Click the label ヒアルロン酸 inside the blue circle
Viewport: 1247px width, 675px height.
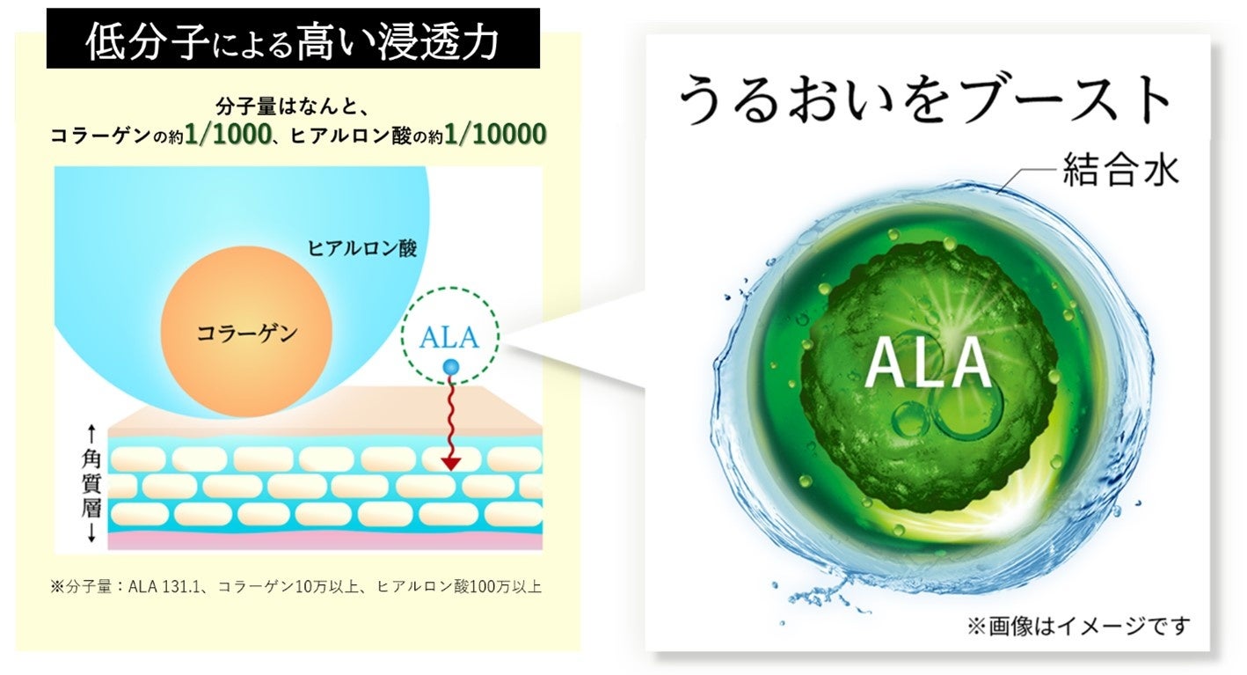[x=361, y=249]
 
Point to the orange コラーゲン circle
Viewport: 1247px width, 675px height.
[x=247, y=333]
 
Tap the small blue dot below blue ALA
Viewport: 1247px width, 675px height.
[x=451, y=367]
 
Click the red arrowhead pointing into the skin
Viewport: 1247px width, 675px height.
[x=451, y=461]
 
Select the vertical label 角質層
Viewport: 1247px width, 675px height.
[x=91, y=483]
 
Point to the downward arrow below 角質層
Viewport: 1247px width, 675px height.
[x=91, y=533]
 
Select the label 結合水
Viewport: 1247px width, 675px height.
[x=1119, y=171]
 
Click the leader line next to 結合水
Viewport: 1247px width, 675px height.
[x=1029, y=180]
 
